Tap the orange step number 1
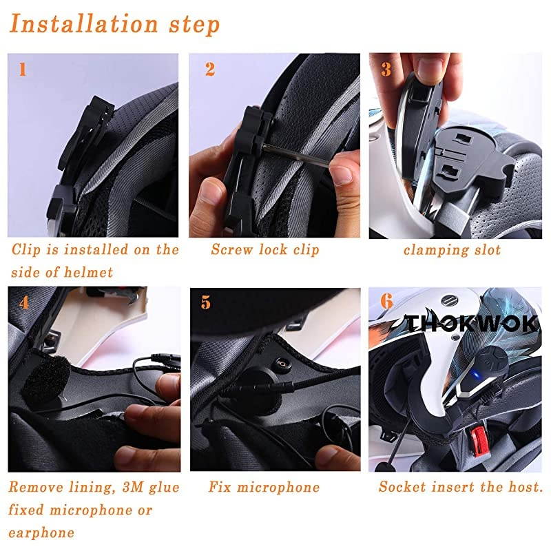(x=23, y=70)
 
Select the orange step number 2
(x=210, y=70)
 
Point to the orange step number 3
(x=386, y=70)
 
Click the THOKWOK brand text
(x=471, y=324)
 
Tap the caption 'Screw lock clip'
(x=265, y=249)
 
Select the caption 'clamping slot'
(x=452, y=249)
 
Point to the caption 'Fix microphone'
(x=264, y=488)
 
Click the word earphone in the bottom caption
(x=41, y=532)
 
